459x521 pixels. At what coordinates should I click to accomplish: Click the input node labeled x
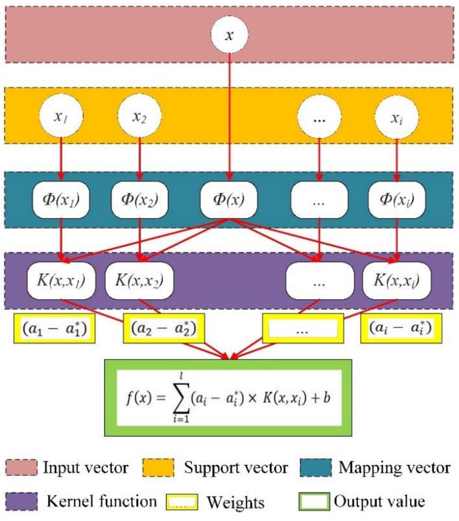229,36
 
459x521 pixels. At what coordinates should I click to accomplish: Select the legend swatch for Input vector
21,468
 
